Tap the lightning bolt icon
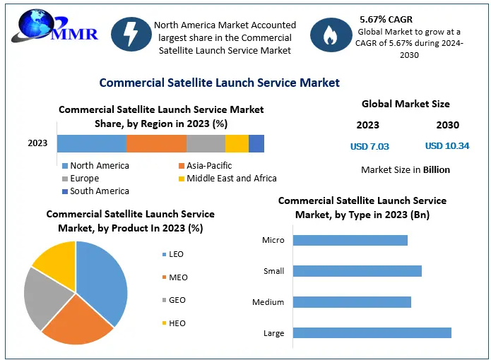point(131,34)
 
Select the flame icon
point(331,35)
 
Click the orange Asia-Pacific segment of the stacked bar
point(157,143)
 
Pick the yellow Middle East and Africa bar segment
point(237,143)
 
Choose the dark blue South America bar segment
point(256,143)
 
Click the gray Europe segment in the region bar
point(206,143)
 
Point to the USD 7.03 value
point(369,146)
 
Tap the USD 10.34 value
point(447,145)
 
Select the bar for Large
point(372,332)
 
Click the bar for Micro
point(350,240)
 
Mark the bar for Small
point(357,271)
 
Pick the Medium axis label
point(268,302)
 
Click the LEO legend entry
point(173,254)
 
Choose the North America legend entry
point(96,165)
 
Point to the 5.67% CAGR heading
point(386,19)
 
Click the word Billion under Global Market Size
point(437,169)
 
